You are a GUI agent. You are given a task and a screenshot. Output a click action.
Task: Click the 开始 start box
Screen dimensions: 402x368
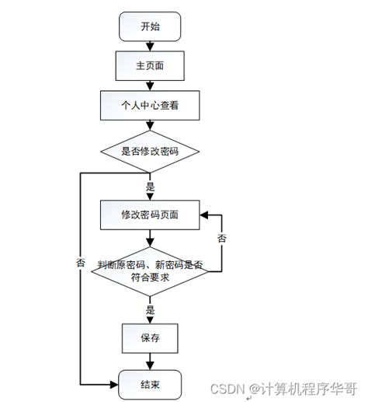[150, 26]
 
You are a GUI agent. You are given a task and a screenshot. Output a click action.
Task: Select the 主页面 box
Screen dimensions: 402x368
[150, 65]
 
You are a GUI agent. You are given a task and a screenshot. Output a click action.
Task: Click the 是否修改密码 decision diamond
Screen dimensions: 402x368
[150, 151]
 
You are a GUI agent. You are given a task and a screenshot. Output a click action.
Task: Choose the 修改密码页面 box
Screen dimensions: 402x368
[150, 215]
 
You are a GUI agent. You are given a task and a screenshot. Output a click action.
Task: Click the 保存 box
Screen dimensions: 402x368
[150, 338]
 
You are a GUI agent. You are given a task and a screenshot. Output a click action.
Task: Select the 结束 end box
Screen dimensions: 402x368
[150, 383]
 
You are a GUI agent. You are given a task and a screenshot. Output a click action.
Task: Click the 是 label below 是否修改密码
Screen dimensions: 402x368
[151, 187]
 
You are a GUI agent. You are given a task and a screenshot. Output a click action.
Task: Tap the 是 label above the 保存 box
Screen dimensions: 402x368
[151, 309]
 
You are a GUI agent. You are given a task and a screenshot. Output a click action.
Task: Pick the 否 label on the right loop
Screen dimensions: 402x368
[222, 237]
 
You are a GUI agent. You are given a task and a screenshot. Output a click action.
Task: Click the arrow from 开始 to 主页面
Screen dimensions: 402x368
[150, 45]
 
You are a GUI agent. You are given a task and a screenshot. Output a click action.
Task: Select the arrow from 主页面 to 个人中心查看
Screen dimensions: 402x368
[150, 85]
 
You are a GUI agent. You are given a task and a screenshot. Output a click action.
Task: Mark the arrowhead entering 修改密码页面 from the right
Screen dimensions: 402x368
[203, 215]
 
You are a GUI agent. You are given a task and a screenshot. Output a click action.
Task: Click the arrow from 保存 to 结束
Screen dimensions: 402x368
[150, 362]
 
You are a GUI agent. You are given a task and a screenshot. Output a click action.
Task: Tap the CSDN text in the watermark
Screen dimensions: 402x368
[228, 386]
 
